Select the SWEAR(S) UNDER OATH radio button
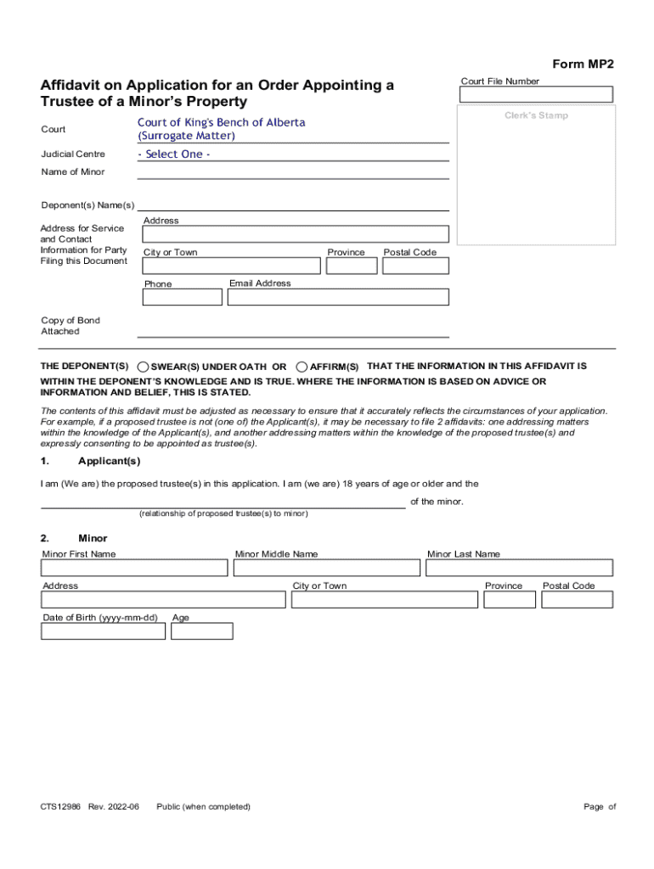144,367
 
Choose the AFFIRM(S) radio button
302,367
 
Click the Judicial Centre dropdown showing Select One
293,154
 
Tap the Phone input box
182,297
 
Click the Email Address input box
338,297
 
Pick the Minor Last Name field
518,568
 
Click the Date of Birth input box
104,631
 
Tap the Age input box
201,631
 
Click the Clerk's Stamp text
536,115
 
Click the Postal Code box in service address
415,266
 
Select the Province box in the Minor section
510,600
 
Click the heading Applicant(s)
109,461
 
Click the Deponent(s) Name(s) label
87,205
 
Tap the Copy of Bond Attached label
70,326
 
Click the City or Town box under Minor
384,600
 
